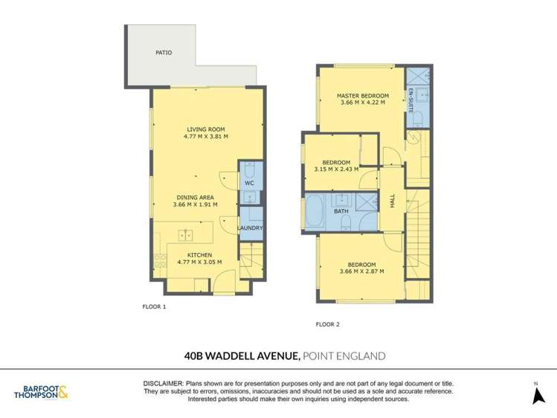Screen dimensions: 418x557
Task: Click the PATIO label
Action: pos(164,53)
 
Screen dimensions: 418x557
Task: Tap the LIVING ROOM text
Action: pos(206,130)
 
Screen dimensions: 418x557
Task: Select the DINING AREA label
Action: pos(194,197)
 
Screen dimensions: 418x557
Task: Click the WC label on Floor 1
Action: pos(249,184)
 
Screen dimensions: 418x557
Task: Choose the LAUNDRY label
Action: pos(250,228)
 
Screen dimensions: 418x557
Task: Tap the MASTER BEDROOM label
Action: pos(362,96)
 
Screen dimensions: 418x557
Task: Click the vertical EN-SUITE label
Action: pos(410,100)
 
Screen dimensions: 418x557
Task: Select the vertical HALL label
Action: pos(393,201)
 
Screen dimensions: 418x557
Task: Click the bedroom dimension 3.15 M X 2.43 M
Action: pos(336,170)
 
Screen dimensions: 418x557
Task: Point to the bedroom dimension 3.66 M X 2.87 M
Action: pos(361,271)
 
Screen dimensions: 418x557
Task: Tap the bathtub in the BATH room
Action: pos(315,212)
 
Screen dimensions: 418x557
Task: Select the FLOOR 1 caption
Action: pos(154,306)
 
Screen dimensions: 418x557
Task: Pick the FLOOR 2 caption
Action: pos(327,324)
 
